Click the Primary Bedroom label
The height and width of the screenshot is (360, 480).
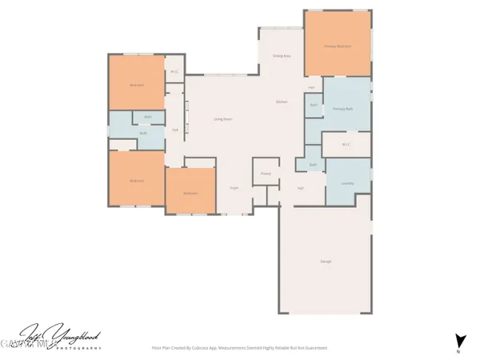point(338,46)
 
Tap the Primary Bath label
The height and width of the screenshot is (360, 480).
point(343,108)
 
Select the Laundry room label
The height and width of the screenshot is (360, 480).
point(347,183)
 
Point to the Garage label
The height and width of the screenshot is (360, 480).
point(325,262)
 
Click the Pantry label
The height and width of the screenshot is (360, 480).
point(266,174)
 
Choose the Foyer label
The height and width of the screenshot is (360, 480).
point(234,188)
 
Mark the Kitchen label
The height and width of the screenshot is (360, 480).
point(282,102)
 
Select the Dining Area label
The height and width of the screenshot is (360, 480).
point(281,56)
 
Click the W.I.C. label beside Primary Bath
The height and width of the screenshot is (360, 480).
point(346,144)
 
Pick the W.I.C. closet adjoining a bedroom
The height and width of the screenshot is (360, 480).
point(174,72)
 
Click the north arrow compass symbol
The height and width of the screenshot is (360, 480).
point(459,340)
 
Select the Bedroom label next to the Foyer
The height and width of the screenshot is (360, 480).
point(190,194)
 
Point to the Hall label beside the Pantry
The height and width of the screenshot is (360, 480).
point(300,188)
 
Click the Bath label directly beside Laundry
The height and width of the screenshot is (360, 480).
point(313,165)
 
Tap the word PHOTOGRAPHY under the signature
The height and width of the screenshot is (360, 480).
point(77,349)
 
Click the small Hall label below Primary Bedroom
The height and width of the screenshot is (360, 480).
point(310,87)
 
